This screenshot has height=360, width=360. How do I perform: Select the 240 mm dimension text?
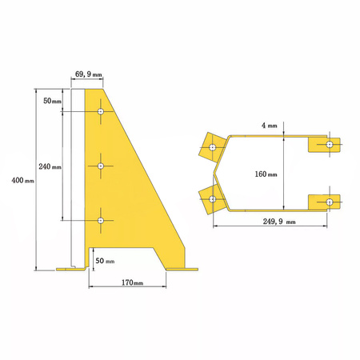pyautogui.click(x=50, y=166)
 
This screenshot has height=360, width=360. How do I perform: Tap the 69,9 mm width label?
pyautogui.click(x=87, y=74)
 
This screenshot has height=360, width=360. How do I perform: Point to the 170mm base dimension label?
pyautogui.click(x=132, y=283)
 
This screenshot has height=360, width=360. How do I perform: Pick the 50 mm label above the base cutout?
pyautogui.click(x=105, y=261)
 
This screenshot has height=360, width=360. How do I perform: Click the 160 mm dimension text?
pyautogui.click(x=266, y=174)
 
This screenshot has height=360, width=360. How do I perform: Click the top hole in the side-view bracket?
pyautogui.click(x=101, y=112)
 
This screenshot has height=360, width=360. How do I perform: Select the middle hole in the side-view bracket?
pyautogui.click(x=101, y=166)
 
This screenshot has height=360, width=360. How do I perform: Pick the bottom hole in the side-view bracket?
pyautogui.click(x=101, y=219)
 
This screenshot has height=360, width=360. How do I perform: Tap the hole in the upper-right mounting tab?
pyautogui.click(x=330, y=145)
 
